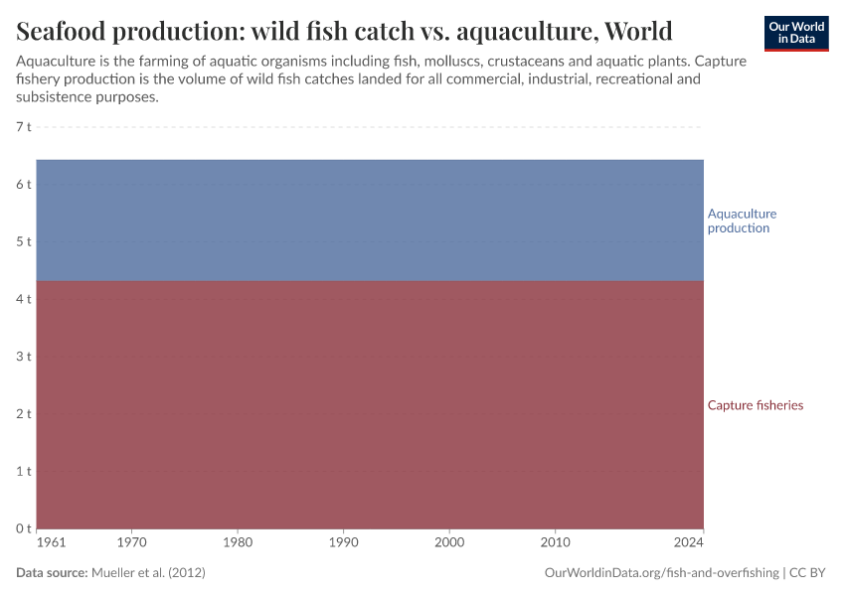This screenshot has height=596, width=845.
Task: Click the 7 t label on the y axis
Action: pyautogui.click(x=24, y=127)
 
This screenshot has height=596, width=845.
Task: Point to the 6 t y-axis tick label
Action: pyautogui.click(x=24, y=185)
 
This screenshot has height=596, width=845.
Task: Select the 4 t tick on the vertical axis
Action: pyautogui.click(x=24, y=299)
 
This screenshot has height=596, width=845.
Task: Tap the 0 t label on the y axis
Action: pyautogui.click(x=24, y=527)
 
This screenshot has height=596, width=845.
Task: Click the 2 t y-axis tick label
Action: pyautogui.click(x=24, y=413)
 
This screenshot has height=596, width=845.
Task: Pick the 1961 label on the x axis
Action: pyautogui.click(x=51, y=543)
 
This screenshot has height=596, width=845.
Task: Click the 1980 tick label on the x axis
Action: pyautogui.click(x=238, y=543)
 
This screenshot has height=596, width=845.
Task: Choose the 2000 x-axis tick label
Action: pyautogui.click(x=449, y=543)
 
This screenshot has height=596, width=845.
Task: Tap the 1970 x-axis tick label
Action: pyautogui.click(x=131, y=543)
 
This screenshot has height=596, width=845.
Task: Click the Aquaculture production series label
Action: pyautogui.click(x=742, y=221)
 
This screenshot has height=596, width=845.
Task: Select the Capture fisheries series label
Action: pyautogui.click(x=755, y=405)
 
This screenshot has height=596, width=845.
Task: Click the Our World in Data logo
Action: pyautogui.click(x=796, y=33)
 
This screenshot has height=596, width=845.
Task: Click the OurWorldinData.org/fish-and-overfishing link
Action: pyautogui.click(x=662, y=573)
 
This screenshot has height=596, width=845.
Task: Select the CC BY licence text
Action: pyautogui.click(x=809, y=573)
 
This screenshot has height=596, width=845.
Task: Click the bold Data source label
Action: pyautogui.click(x=52, y=573)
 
